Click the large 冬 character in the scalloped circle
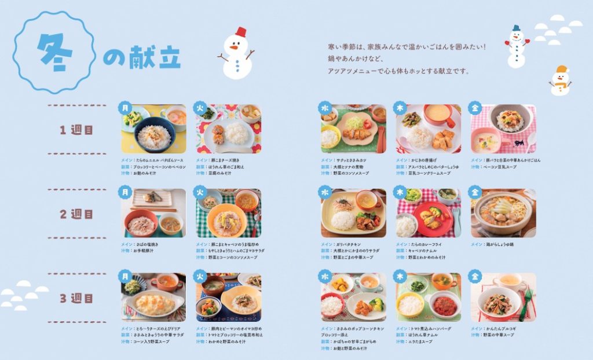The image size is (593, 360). pos(54,52)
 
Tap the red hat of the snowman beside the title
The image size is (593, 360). pos(240,31)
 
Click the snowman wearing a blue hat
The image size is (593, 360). pos(517,46)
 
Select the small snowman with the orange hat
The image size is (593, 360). pos(560,80)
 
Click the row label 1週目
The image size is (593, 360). pos(76,130)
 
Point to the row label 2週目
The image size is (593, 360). pos(76,214)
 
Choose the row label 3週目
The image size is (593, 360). pos(76,299)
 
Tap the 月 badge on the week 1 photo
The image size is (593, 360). pos(125,108)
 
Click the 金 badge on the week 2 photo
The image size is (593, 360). pos(475,192)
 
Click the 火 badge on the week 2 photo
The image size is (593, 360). pos(200,192)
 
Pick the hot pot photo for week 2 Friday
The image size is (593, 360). pos(503,213)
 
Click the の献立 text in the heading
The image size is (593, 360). pos(142,57)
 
